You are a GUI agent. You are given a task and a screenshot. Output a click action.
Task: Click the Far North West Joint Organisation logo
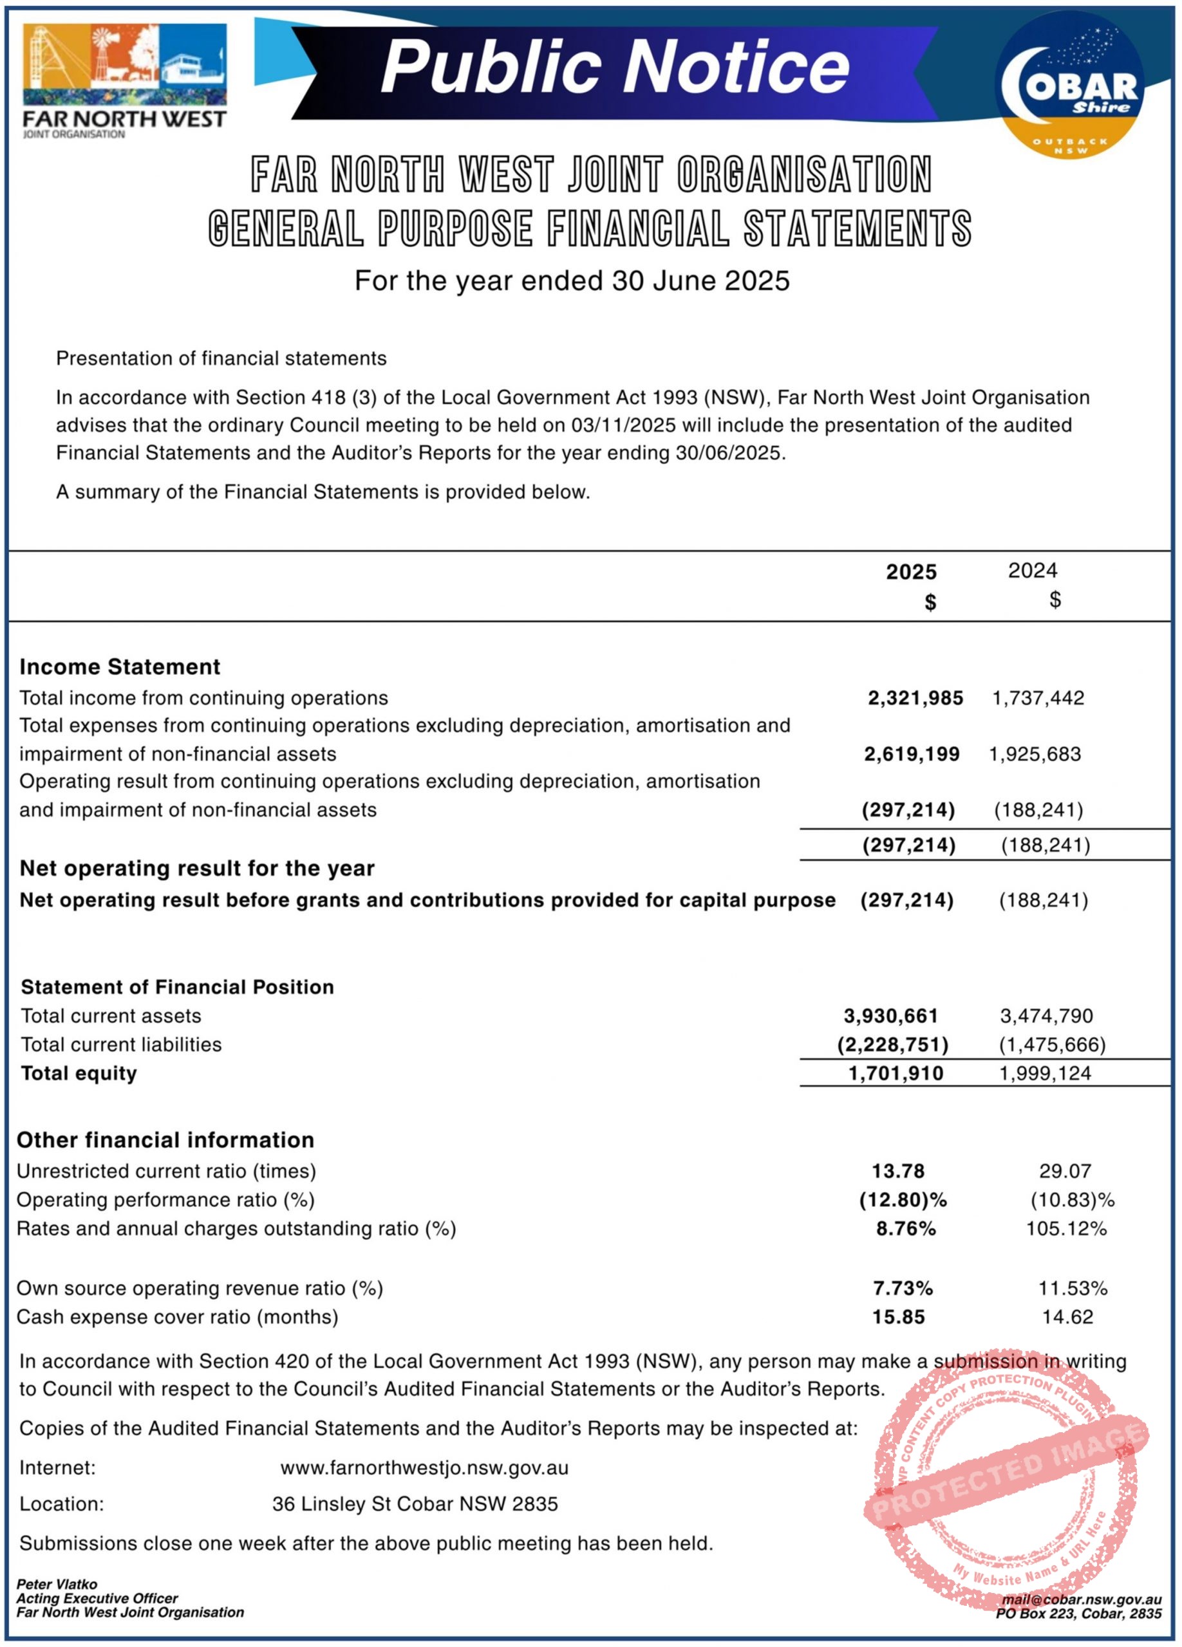click(124, 80)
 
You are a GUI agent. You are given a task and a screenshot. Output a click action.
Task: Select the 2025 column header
click(911, 572)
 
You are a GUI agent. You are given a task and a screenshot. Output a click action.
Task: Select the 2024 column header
click(1033, 571)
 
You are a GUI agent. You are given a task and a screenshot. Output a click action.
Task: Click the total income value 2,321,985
click(915, 698)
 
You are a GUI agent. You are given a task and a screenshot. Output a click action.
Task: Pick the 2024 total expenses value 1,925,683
click(1035, 754)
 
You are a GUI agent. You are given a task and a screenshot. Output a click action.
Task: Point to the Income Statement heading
click(120, 667)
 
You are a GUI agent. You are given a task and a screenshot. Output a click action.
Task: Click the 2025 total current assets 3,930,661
click(890, 1016)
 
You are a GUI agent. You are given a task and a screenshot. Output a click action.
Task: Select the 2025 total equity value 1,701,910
click(896, 1073)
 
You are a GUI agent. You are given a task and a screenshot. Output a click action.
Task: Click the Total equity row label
click(79, 1073)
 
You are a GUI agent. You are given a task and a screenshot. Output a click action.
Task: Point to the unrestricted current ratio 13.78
click(899, 1172)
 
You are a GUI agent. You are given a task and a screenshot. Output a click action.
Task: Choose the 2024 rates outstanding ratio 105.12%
click(1065, 1229)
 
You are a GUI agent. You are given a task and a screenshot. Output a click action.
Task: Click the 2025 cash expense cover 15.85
click(899, 1318)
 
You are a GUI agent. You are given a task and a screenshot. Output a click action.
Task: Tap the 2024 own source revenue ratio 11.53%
click(1073, 1288)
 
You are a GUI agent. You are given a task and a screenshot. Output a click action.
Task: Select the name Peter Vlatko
click(57, 1584)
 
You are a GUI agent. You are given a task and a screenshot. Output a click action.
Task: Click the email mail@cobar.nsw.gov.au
click(1081, 1600)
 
